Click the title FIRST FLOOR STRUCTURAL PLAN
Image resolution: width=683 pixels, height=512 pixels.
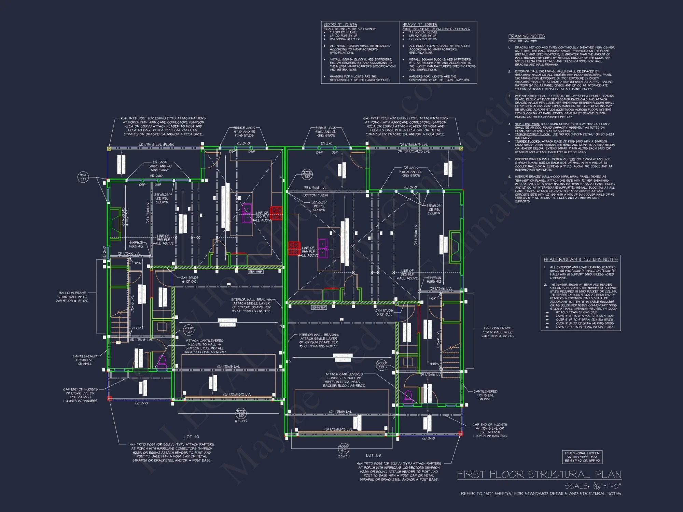click(x=539, y=474)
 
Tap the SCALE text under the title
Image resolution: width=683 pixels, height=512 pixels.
click(x=593, y=486)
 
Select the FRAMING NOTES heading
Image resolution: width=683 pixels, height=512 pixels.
click(x=526, y=36)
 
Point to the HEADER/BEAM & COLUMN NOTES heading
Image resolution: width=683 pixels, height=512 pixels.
click(x=581, y=259)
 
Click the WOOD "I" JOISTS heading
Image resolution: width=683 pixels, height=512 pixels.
click(x=340, y=25)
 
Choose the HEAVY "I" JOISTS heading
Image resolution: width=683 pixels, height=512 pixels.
click(x=420, y=25)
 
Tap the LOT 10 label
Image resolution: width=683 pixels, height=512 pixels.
click(x=192, y=437)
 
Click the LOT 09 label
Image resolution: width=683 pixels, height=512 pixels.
click(x=373, y=455)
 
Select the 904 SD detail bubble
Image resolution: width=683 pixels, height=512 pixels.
click(x=83, y=177)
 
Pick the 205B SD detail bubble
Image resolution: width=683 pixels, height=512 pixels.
click(x=307, y=174)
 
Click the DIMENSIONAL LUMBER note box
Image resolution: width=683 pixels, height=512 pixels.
click(x=582, y=457)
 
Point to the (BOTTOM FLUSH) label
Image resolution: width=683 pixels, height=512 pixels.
click(x=315, y=195)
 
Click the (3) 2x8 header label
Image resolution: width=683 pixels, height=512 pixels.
click(x=326, y=143)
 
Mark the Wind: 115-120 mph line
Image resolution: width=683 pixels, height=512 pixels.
click(x=522, y=41)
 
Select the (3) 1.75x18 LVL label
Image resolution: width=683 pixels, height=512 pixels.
click(x=315, y=188)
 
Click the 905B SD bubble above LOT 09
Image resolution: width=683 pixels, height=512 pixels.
click(x=344, y=449)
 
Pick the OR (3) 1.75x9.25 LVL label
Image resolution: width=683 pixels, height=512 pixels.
click(x=413, y=151)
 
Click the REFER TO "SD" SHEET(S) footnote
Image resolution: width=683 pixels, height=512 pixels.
click(x=541, y=494)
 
